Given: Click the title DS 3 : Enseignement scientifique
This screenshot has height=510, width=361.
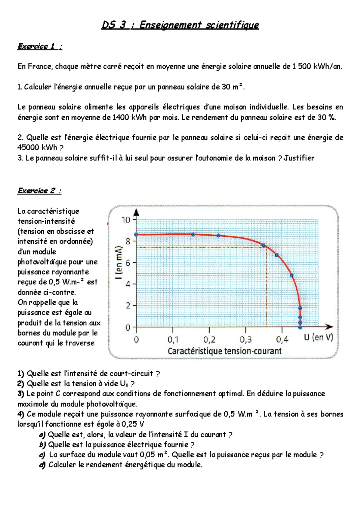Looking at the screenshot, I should pyautogui.click(x=180, y=25).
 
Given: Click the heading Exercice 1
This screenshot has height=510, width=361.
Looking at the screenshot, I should pyautogui.click(x=39, y=47).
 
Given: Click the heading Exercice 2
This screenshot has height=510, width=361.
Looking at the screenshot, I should pyautogui.click(x=39, y=191).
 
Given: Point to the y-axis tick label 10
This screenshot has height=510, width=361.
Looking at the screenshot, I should pyautogui.click(x=126, y=220).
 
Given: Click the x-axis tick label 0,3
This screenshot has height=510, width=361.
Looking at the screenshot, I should pyautogui.click(x=245, y=340).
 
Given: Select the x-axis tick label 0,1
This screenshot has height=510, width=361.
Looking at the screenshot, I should pyautogui.click(x=173, y=340).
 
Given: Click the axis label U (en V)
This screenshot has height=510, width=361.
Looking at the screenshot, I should pyautogui.click(x=318, y=338).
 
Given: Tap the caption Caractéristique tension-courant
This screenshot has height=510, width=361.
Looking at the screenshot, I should pyautogui.click(x=224, y=351).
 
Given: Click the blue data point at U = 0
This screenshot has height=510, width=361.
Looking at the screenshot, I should pyautogui.click(x=136, y=235).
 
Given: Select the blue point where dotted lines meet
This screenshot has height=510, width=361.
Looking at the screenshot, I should pyautogui.click(x=264, y=245).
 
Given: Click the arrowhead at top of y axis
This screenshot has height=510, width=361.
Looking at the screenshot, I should pyautogui.click(x=136, y=212).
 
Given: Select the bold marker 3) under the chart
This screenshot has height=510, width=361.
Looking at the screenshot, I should pyautogui.click(x=21, y=394).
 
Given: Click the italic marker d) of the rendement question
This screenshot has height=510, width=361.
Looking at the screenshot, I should pyautogui.click(x=42, y=465).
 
